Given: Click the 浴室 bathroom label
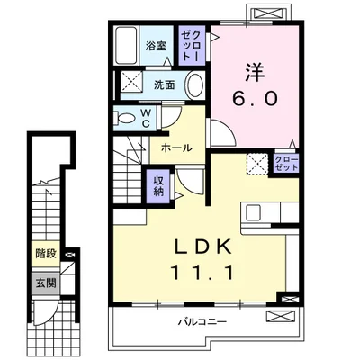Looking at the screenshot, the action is (156, 46).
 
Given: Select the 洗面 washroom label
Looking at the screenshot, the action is (165, 85).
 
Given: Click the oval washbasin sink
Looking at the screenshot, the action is (195, 85).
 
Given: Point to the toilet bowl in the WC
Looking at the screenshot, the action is (126, 118).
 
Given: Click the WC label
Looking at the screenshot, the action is (146, 119).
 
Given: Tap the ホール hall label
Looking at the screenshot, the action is (176, 148).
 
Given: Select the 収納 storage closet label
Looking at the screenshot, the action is (158, 186).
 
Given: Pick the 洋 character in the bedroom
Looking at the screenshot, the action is (256, 73).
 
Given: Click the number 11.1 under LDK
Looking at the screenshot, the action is (202, 273).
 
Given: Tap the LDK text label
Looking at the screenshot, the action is (202, 247).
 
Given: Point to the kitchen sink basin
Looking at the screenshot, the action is (254, 212).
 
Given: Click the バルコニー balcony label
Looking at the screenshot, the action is (202, 322).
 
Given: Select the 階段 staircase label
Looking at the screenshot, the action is (46, 254).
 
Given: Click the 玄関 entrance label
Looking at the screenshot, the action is (46, 283).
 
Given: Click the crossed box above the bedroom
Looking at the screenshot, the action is (268, 13).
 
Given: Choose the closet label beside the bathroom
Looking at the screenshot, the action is (192, 46).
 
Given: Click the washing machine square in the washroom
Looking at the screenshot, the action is (131, 81).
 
